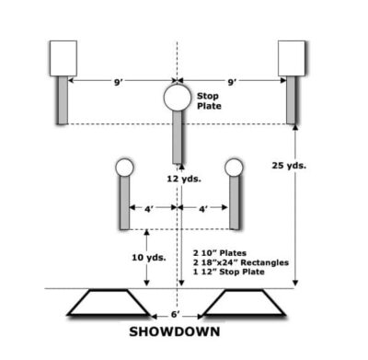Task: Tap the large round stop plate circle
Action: click(x=177, y=96)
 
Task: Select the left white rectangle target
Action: click(x=62, y=57)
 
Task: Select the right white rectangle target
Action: click(x=292, y=57)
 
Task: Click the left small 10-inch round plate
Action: click(x=123, y=168)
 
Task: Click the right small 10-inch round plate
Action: click(x=234, y=168)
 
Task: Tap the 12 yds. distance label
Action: click(x=183, y=178)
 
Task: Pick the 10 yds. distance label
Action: click(x=151, y=257)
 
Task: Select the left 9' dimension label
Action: click(x=119, y=82)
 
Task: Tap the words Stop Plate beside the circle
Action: click(x=207, y=99)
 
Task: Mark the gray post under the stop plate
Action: click(x=177, y=134)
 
